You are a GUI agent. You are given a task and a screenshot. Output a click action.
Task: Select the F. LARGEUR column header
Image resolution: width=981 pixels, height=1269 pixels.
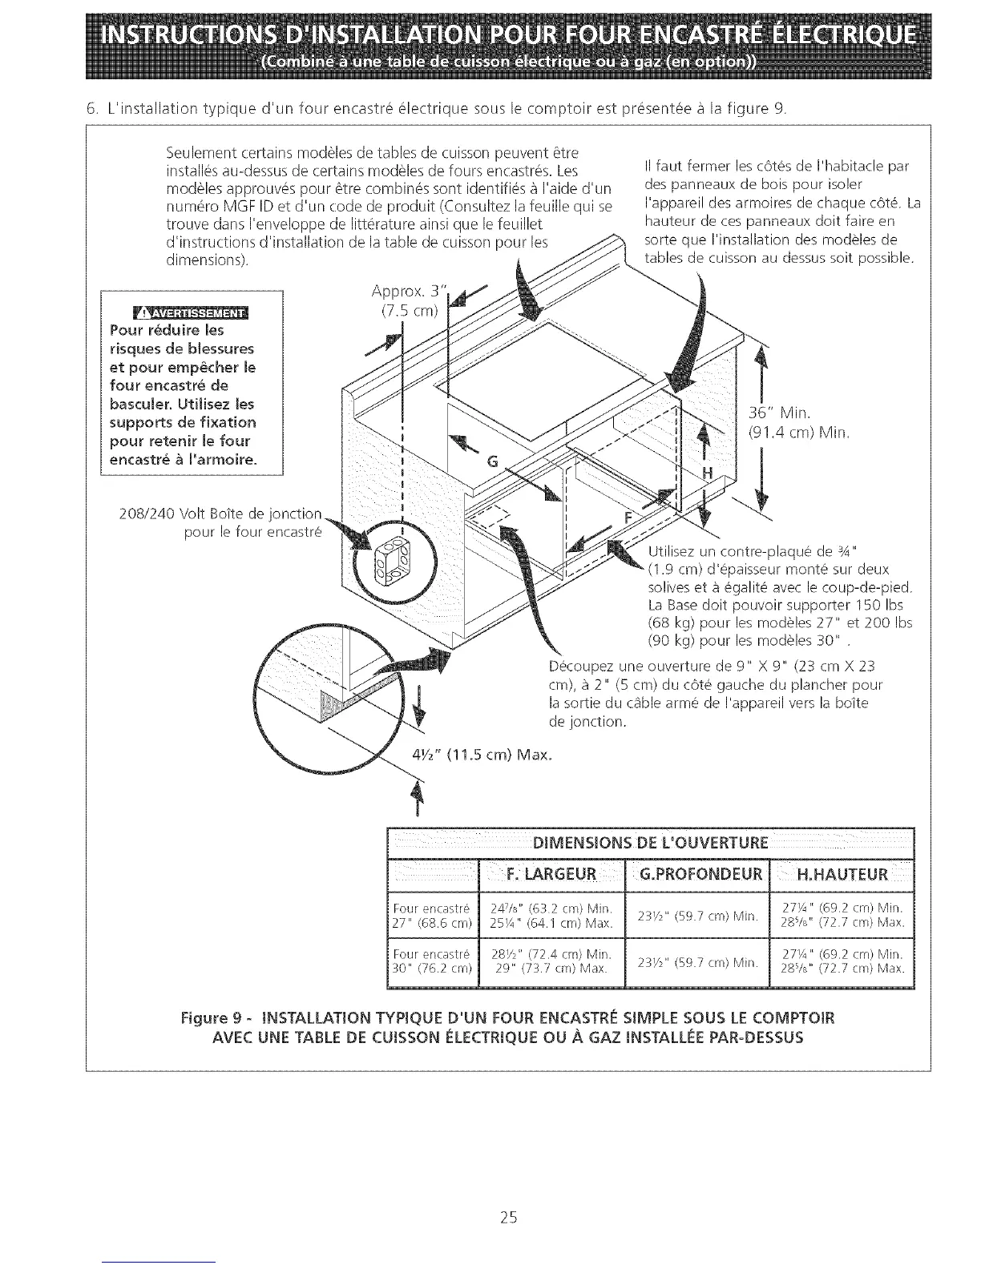tap(550, 873)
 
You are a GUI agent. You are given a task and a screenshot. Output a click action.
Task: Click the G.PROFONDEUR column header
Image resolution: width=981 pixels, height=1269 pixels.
tap(696, 873)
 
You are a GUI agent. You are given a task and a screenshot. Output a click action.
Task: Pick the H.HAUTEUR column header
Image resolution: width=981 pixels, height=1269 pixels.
tap(842, 873)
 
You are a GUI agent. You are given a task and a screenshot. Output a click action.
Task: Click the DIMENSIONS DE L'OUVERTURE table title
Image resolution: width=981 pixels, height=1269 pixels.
tap(650, 842)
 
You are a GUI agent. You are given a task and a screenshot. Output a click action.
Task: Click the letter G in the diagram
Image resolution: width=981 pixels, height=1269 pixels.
tap(493, 461)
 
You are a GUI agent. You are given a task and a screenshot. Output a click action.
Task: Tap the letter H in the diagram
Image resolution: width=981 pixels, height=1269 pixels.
tap(707, 472)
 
